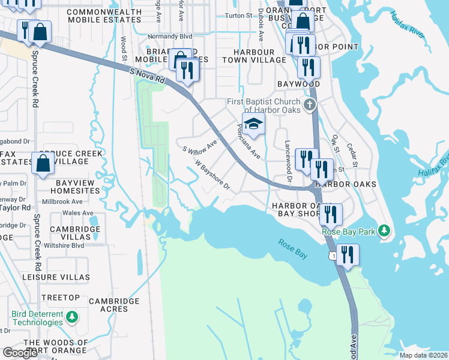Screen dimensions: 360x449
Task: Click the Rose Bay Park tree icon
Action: coord(384,231)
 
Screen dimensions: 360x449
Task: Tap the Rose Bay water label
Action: coord(293,249)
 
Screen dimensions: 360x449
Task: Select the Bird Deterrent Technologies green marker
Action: coord(71,316)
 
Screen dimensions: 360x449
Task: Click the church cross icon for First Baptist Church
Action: coord(309,106)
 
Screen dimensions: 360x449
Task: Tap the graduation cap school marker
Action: coord(254,124)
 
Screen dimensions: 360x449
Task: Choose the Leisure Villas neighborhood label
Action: coord(64,277)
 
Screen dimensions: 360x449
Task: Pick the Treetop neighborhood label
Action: coord(61,298)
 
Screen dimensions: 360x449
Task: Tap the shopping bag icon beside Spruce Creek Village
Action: coord(44,163)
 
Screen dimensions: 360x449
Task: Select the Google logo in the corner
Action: coord(20,353)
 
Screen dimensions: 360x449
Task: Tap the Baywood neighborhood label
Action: coord(298,85)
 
